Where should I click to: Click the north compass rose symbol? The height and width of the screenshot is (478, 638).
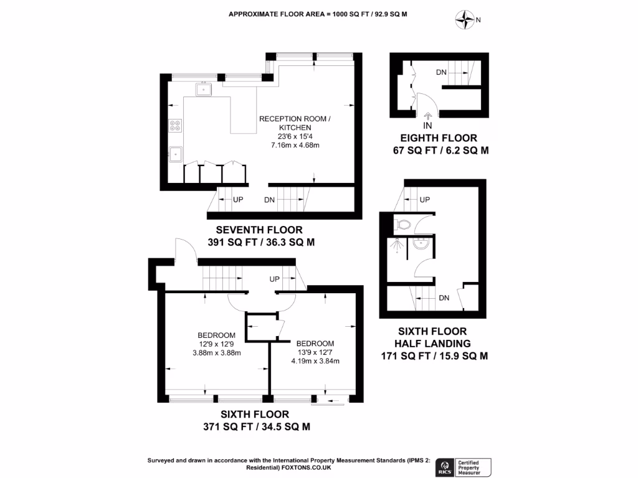tap(465, 20)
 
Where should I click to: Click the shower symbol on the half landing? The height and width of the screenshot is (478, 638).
tap(394, 246)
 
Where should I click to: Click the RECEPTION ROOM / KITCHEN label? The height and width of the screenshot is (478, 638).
tap(295, 123)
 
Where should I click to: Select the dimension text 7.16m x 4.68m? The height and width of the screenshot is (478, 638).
tap(295, 145)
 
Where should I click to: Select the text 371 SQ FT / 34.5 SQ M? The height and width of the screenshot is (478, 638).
tap(257, 426)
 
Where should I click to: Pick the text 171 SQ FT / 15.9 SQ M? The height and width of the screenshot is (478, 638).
tap(434, 356)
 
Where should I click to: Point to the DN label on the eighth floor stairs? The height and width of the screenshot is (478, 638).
tap(441, 73)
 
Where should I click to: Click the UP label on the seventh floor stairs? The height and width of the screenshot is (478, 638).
tap(237, 200)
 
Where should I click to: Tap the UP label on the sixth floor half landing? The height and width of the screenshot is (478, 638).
tap(425, 200)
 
